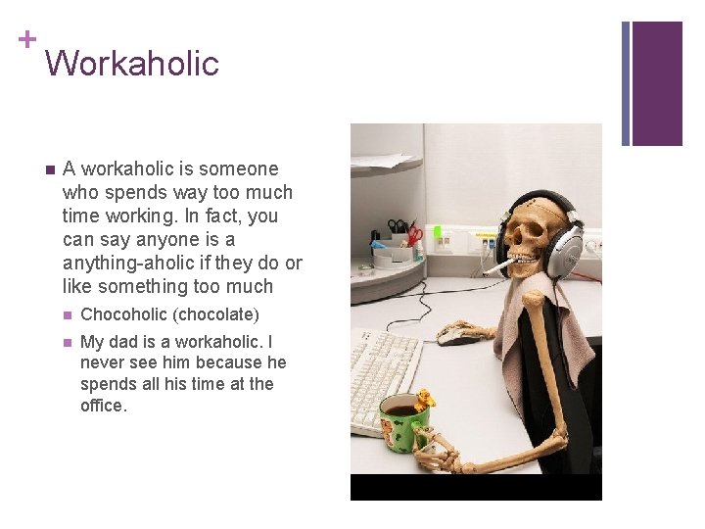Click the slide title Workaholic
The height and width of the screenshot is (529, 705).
point(132,64)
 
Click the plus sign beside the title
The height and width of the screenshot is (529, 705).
point(26,39)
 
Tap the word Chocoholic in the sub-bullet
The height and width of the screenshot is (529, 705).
point(122,314)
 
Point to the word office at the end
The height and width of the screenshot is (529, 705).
point(103,406)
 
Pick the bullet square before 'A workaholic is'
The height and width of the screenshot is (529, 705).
point(47,169)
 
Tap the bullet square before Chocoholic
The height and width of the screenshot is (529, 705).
point(66,315)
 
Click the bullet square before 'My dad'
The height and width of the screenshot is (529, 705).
point(66,343)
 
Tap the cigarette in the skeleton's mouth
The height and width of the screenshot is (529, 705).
point(497,265)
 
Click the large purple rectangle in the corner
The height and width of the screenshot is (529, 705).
point(657,83)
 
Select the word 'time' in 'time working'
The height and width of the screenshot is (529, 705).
point(80,216)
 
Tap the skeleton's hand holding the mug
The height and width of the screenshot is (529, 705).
point(436,447)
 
